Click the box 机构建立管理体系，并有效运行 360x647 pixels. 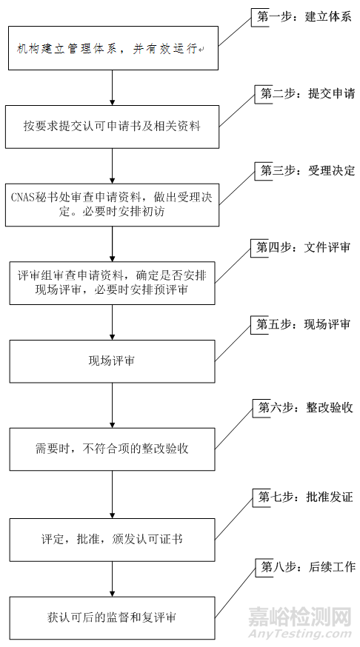(x=112, y=48)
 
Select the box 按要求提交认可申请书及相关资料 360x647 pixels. (x=112, y=125)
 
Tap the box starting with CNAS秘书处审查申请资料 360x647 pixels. (x=112, y=204)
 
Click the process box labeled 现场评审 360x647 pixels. (x=112, y=361)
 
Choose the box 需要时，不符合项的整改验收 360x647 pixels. (x=112, y=448)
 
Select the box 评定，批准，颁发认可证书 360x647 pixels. (x=112, y=539)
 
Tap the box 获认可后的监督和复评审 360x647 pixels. (x=112, y=617)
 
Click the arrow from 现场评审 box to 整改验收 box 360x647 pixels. (x=112, y=404)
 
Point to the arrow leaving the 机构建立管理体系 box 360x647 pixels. (x=112, y=87)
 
